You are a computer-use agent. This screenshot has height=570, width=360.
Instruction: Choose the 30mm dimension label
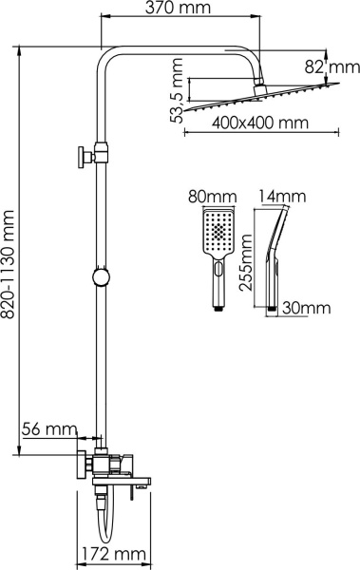click(x=306, y=308)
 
